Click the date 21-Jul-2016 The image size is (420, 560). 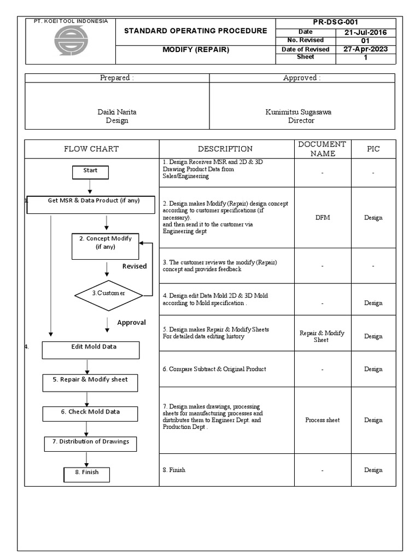coord(365,32)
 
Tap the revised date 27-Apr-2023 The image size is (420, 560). coord(365,49)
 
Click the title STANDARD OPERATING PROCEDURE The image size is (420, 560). coord(196,31)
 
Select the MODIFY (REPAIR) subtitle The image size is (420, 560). coord(196,50)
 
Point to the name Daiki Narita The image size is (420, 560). coord(117,112)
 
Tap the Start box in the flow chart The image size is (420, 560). coord(90,172)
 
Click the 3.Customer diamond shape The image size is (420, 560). coord(108,294)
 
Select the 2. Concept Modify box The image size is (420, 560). coord(106,246)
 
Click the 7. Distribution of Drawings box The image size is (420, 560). coord(90,443)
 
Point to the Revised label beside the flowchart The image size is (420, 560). coord(134,266)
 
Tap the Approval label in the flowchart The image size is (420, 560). coord(131,323)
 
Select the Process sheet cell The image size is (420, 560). coord(322,420)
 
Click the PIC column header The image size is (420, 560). coord(374,149)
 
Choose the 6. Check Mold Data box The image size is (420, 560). coord(90,413)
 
